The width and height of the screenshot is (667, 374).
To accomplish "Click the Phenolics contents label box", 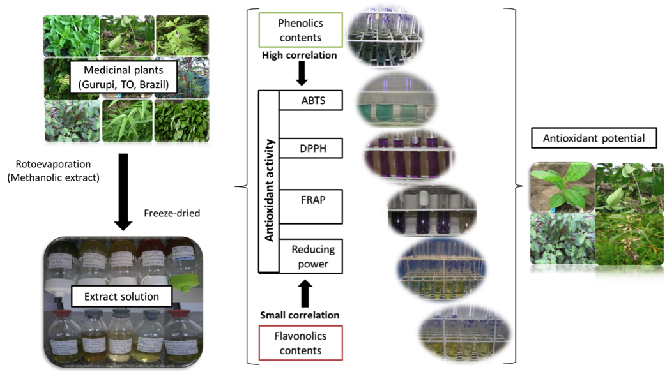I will pyautogui.click(x=300, y=31).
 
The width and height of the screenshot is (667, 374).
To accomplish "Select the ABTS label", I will pyautogui.click(x=312, y=101).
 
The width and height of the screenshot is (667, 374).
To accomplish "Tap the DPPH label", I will pyautogui.click(x=312, y=149).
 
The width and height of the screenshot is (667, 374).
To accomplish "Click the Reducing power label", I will pyautogui.click(x=312, y=255).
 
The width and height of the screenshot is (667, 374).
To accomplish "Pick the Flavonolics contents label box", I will pyautogui.click(x=300, y=342).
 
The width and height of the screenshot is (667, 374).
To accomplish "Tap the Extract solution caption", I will pyautogui.click(x=121, y=295).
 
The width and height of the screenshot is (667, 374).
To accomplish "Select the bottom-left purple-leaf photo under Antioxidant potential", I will pyautogui.click(x=562, y=239).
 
